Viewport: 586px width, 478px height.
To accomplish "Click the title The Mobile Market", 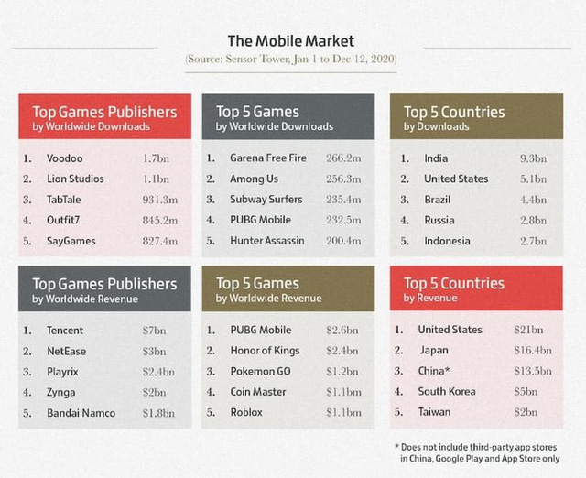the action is (x=291, y=40).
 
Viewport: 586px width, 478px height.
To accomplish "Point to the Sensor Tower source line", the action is (x=291, y=59).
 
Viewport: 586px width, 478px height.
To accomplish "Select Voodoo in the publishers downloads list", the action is (x=65, y=158).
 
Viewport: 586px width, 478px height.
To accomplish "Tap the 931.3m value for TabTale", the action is (x=160, y=200).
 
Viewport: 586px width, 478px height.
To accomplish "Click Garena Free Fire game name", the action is (x=268, y=158).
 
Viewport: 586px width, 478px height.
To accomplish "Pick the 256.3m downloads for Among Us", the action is (x=343, y=179).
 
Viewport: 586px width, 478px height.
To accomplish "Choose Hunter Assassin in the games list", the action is (x=266, y=241).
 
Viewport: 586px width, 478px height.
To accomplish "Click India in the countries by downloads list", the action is (x=436, y=158).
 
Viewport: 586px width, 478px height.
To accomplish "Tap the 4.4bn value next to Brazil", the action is (x=533, y=200).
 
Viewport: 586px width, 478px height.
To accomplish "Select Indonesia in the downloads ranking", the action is (x=447, y=241).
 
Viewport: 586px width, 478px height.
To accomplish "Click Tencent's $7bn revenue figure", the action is (x=154, y=331).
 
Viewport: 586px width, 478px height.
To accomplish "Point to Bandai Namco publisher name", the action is (x=81, y=413).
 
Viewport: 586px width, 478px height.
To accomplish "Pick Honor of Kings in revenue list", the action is (x=265, y=351).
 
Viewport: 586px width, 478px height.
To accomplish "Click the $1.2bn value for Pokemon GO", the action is (x=342, y=372).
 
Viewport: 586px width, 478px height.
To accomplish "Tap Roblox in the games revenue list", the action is (x=246, y=412).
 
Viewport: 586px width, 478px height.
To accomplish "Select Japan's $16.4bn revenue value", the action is (x=533, y=350).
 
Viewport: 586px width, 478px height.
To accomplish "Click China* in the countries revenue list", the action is (x=434, y=371).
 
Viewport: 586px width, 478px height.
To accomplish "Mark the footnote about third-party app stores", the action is (x=477, y=452).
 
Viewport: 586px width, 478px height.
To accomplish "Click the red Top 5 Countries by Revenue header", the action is (x=476, y=288).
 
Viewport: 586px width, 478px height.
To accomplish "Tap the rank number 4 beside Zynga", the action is (x=27, y=393).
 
